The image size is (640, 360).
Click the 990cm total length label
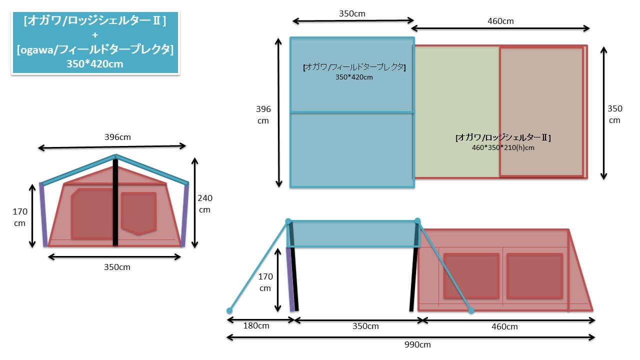coord(418,345)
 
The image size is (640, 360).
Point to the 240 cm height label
coord(205,203)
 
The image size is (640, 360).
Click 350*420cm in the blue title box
coord(95,64)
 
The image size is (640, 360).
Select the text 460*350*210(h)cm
coord(502,147)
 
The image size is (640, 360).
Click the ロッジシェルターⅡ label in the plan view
coord(503,137)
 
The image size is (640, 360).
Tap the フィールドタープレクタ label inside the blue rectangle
coord(354,67)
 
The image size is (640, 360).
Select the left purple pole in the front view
coord(43,215)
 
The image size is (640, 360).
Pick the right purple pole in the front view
coord(185,215)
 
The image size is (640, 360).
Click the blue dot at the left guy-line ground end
coord(230,310)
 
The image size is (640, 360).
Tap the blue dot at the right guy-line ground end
coord(471,310)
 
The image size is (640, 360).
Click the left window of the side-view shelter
coord(471,276)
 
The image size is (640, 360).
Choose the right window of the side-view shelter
coord(534,276)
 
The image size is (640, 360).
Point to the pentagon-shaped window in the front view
coord(138,213)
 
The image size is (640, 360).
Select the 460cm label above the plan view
coord(500,21)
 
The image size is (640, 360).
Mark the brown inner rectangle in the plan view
coord(541,111)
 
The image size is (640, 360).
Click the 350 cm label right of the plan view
coord(614,114)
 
